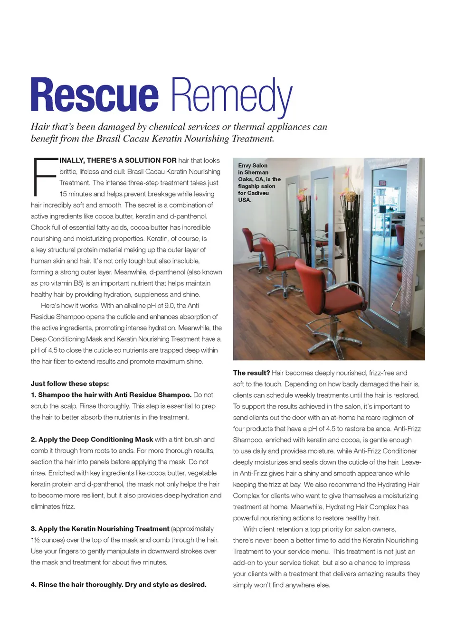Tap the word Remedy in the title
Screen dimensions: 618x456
click(x=231, y=96)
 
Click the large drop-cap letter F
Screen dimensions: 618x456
click(x=44, y=177)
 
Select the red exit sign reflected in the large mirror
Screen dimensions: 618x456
click(x=382, y=183)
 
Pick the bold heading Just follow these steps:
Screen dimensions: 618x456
click(x=70, y=384)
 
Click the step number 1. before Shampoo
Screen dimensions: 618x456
click(x=34, y=395)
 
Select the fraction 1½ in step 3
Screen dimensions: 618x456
click(x=35, y=540)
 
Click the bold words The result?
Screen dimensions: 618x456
click(x=251, y=373)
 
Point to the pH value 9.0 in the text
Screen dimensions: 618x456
click(x=170, y=306)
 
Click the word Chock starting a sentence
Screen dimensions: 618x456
click(x=40, y=227)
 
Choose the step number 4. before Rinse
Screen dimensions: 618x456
click(x=34, y=585)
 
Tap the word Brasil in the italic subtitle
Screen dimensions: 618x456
click(x=108, y=139)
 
